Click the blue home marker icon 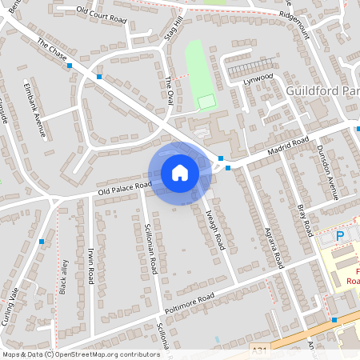click(180, 172)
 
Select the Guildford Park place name click(322, 92)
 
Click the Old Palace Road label click(125, 190)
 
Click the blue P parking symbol click(341, 237)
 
